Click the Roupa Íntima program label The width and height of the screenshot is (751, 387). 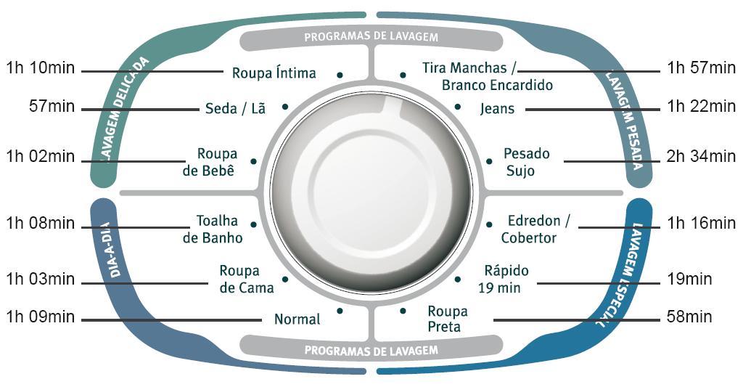point(274,73)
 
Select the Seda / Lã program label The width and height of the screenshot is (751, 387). point(235,109)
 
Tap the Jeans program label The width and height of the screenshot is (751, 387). point(497,109)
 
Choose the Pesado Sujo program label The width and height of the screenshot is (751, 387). point(526,162)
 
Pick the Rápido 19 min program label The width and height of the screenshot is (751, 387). point(506,279)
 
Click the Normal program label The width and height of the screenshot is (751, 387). point(297,319)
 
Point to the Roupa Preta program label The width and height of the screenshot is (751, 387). point(448,319)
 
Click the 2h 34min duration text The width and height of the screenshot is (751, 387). point(702,156)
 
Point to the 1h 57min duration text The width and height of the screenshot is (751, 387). point(702,68)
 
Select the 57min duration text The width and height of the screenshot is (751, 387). point(52,107)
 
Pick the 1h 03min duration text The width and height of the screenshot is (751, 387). point(40,280)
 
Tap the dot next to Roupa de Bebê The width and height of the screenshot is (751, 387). point(253,161)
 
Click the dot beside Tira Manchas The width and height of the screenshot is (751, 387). point(403,74)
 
